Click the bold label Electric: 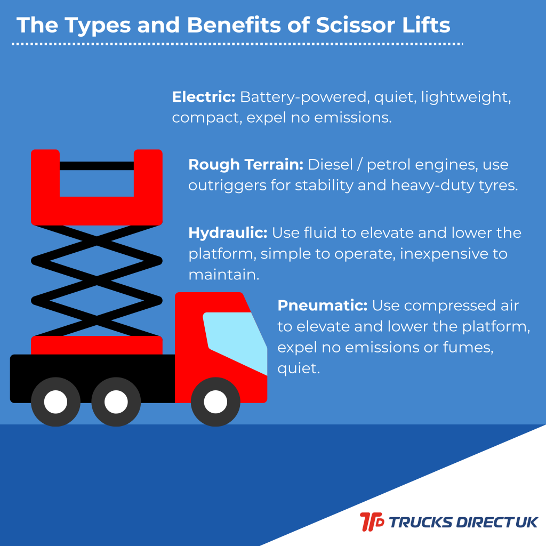tap(204, 97)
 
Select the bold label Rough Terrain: tap(246, 165)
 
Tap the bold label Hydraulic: tap(228, 233)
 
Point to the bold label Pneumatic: tap(322, 306)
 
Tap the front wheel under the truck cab tap(215, 402)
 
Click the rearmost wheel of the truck tap(55, 402)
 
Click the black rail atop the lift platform tap(97, 166)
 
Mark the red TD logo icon tap(372, 521)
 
